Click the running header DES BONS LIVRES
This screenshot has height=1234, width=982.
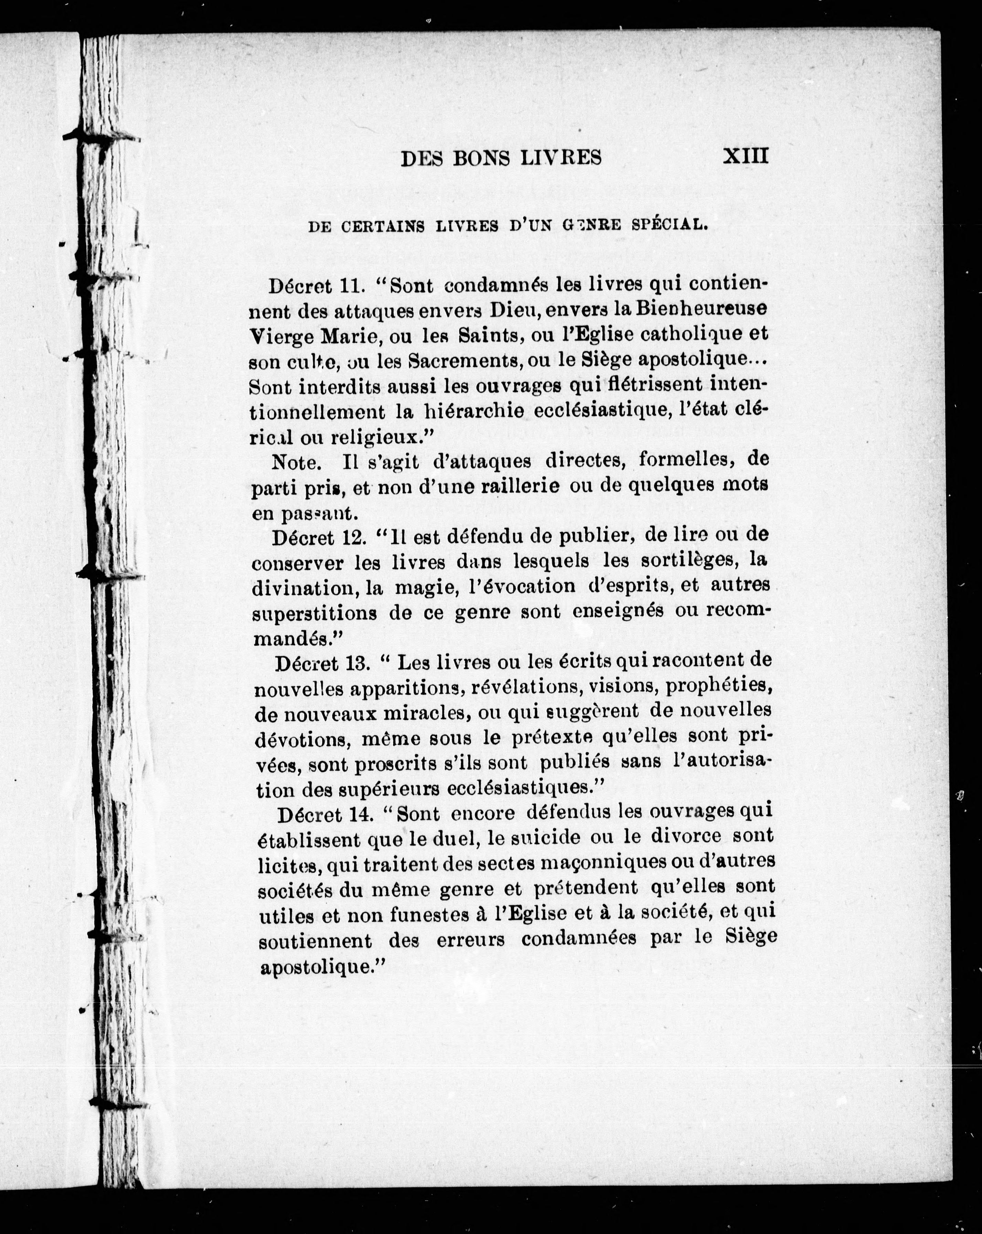pyautogui.click(x=501, y=158)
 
